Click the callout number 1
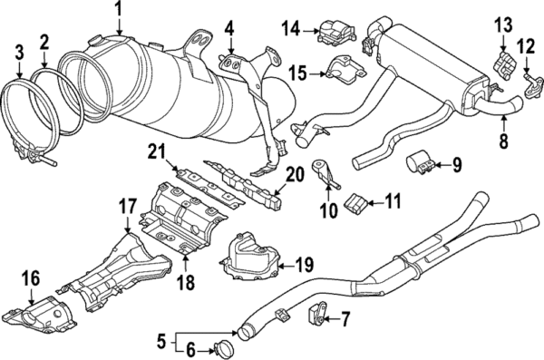tap(119, 10)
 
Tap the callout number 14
tap(290, 28)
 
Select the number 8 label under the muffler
tap(503, 141)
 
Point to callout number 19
tap(305, 265)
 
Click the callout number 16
tap(31, 278)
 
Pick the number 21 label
tap(158, 152)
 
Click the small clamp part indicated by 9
tap(418, 163)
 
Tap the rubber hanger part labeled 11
tap(356, 202)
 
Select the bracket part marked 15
tap(346, 70)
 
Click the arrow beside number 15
tap(318, 74)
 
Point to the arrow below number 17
tap(128, 225)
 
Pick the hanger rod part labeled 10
tap(325, 174)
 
